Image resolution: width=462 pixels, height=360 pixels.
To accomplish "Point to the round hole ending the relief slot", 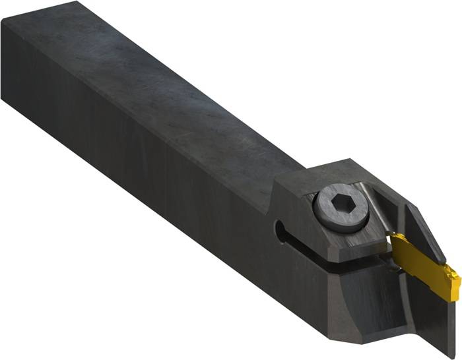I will pyautogui.click(x=279, y=231).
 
